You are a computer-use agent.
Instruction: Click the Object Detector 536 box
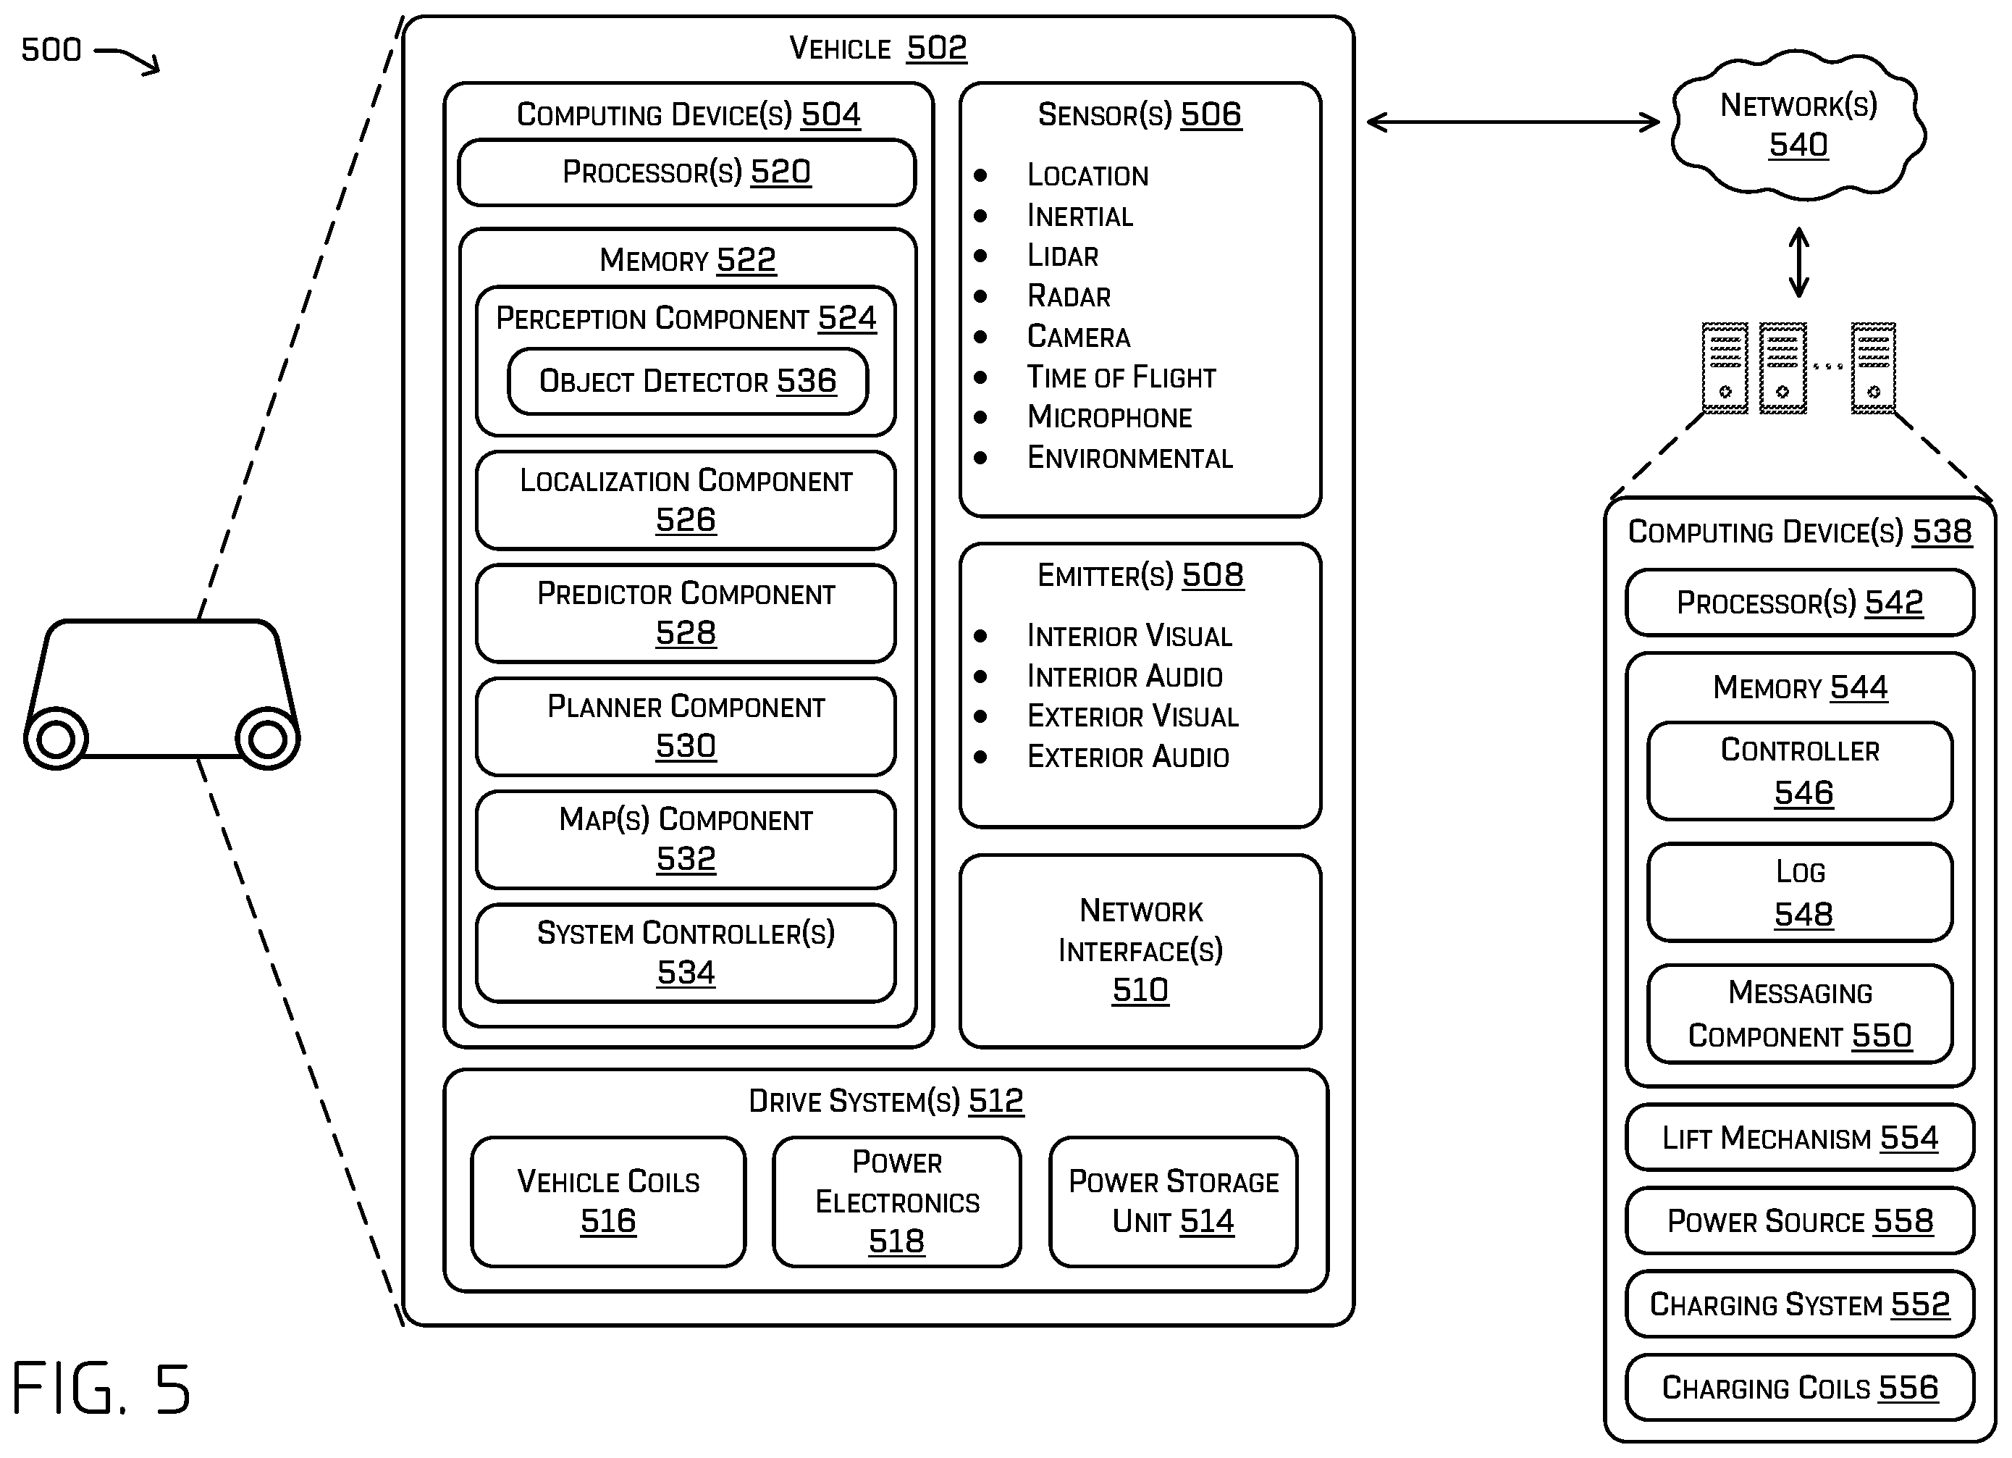tap(688, 381)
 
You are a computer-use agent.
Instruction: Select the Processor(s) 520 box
tap(686, 172)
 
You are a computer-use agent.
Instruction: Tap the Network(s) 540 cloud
tap(1798, 125)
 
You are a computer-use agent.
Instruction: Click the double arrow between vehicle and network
tap(1512, 122)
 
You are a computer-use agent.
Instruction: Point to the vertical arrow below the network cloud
tap(1798, 261)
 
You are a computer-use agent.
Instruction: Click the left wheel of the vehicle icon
tap(56, 738)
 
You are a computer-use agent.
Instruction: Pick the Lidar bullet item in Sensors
tap(1062, 256)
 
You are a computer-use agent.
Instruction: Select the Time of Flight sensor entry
tap(1121, 377)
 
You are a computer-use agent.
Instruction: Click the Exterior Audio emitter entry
tap(1127, 757)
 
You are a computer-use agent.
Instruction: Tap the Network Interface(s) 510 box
tap(1140, 950)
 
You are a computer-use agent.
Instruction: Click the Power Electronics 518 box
tap(896, 1202)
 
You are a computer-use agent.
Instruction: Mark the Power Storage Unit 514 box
tap(1173, 1202)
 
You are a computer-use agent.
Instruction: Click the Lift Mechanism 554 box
tap(1800, 1138)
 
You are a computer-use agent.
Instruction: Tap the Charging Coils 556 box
tap(1800, 1388)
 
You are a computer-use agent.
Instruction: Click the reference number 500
tap(51, 50)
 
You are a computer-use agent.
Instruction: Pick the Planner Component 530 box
tap(686, 726)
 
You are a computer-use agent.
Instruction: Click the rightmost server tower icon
tap(1874, 368)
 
